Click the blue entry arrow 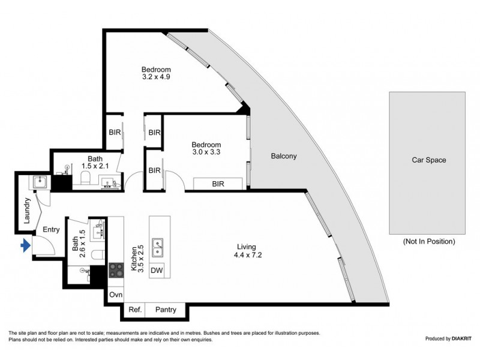click(25, 245)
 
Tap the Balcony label click(284, 156)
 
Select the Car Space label click(428, 160)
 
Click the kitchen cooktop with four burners click(116, 271)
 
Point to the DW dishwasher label click(157, 271)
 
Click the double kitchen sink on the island click(158, 247)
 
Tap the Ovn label click(116, 295)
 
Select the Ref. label click(135, 310)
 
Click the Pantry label click(166, 310)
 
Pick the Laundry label click(27, 211)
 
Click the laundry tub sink click(40, 182)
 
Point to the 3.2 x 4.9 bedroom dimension click(156, 77)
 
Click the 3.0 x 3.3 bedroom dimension click(206, 152)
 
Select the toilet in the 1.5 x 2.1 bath click(85, 178)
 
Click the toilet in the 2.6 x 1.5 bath click(99, 254)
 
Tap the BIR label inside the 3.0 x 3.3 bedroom click(218, 184)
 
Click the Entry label click(51, 230)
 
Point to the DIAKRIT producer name click(461, 338)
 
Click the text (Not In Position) click(429, 241)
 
